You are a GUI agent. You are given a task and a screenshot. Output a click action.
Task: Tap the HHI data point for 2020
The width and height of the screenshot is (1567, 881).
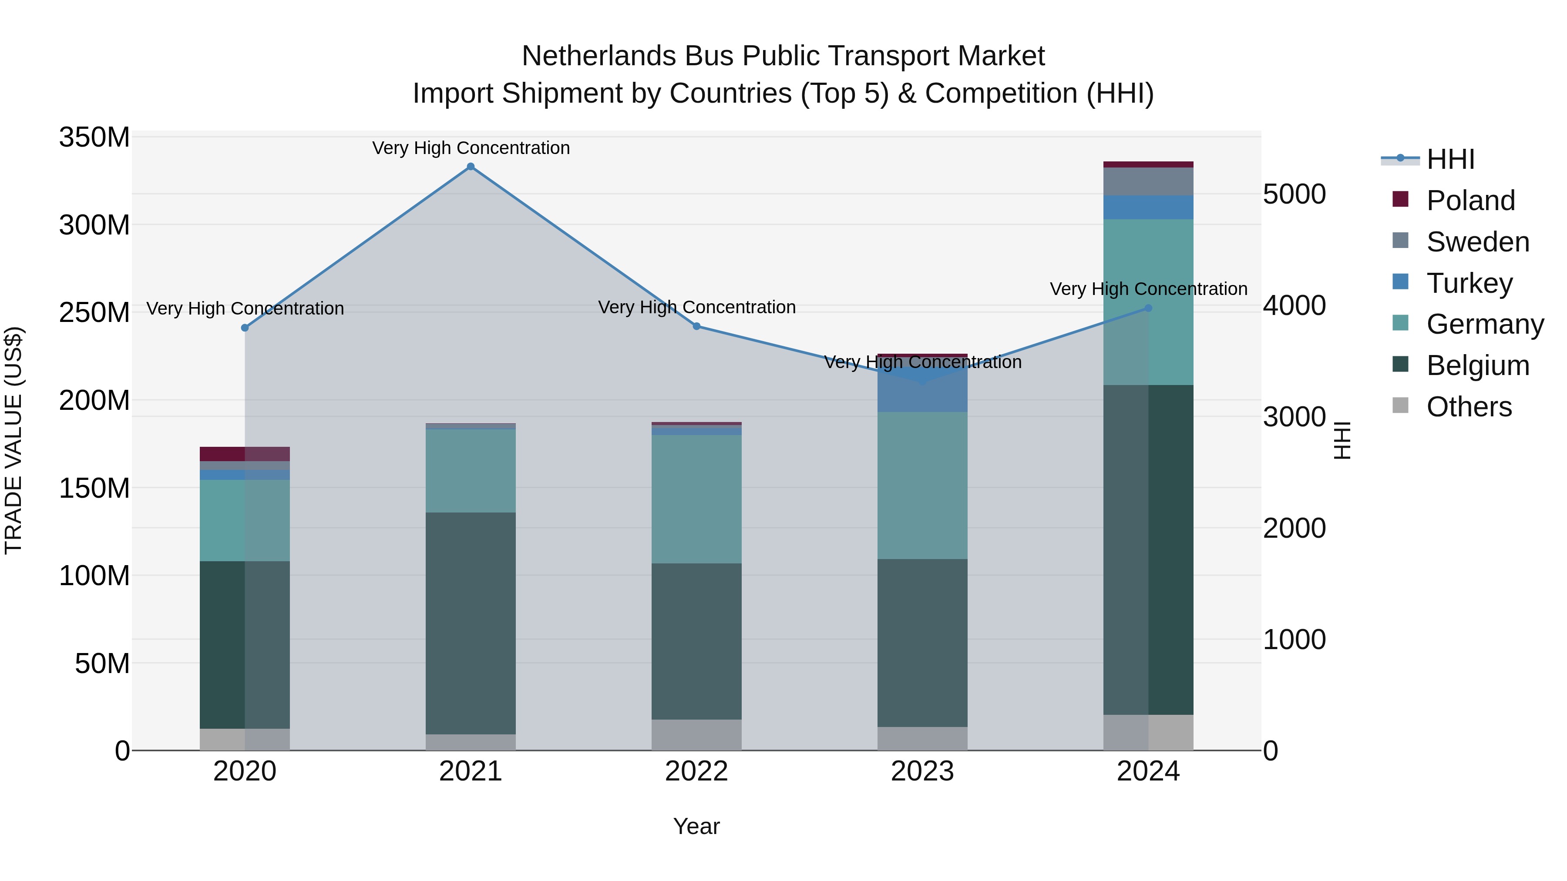(245, 328)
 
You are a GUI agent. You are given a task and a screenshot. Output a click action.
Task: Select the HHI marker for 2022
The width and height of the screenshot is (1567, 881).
(696, 326)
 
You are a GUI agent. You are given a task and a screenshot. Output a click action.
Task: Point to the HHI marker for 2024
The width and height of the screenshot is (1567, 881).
(1149, 308)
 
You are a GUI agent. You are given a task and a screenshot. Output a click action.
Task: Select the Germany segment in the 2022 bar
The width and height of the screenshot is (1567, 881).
(696, 499)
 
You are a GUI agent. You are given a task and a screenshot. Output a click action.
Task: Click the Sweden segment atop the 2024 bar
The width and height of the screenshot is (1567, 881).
(1149, 181)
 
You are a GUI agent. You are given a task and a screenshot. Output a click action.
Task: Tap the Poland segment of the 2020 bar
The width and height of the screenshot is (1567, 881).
(245, 454)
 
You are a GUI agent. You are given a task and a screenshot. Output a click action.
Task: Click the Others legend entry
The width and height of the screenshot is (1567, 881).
(1469, 407)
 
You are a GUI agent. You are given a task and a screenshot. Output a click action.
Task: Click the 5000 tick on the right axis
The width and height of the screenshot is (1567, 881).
(1295, 194)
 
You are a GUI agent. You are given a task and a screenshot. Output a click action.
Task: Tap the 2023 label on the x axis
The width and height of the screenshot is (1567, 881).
(922, 771)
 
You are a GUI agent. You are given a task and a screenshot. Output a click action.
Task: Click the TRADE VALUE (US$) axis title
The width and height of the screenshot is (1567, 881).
(13, 440)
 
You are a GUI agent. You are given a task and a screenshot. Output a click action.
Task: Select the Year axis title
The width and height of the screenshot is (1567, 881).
(696, 826)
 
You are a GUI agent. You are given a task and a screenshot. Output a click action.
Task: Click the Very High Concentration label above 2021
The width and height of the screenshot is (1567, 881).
(471, 148)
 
